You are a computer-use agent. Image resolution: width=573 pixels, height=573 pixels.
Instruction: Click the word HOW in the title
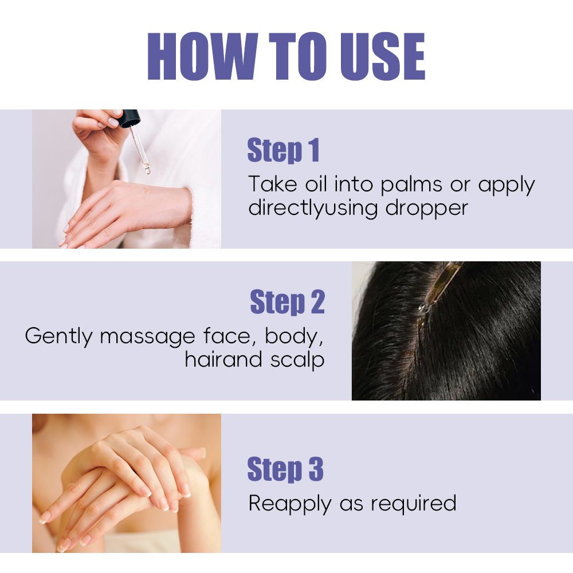point(203,56)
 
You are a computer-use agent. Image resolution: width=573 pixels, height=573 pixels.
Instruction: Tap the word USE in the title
point(383,56)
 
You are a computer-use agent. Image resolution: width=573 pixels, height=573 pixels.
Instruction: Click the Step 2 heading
point(287,302)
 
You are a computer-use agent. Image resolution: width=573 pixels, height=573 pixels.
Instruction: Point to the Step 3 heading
point(285,469)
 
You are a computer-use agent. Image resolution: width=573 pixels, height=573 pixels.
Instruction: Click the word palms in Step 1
point(411,185)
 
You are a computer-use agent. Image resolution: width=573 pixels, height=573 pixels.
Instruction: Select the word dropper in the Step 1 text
point(426,209)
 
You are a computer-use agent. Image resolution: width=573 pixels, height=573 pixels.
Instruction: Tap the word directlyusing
point(313,209)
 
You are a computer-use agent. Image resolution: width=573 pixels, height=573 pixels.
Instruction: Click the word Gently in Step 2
point(58,337)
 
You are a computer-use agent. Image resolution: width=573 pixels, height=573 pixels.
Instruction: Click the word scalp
point(297,360)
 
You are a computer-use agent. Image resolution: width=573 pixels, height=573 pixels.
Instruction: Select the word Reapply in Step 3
point(290,504)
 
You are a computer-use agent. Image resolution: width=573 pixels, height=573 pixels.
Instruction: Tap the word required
point(414,504)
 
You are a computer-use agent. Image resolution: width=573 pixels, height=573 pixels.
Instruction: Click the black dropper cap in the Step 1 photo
point(130,118)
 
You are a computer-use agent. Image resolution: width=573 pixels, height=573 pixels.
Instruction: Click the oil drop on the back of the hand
point(147,191)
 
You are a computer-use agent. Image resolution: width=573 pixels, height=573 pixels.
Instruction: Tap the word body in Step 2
point(294,337)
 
